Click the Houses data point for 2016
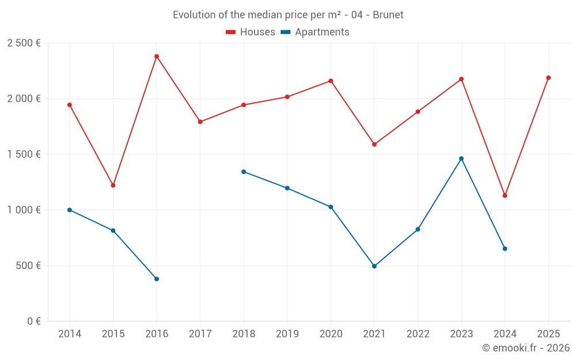[157, 56]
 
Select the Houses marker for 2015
[113, 185]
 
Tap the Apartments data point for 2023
[461, 158]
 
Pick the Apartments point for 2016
[157, 279]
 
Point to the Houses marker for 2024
[505, 196]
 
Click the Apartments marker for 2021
[374, 266]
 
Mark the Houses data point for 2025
[548, 78]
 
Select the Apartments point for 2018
[244, 172]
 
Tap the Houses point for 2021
[374, 145]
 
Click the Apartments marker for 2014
[70, 210]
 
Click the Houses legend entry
[251, 32]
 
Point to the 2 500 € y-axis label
[24, 43]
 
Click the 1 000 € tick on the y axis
[24, 210]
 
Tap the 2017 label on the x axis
[200, 334]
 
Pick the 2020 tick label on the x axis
[331, 334]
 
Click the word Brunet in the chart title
[388, 15]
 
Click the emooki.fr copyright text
[525, 348]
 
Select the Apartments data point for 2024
[505, 249]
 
